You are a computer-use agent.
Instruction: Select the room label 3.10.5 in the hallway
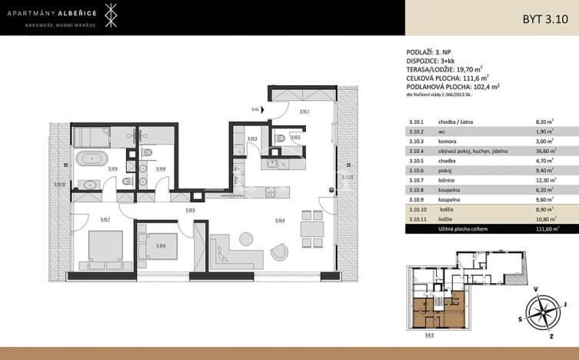click(x=190, y=210)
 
